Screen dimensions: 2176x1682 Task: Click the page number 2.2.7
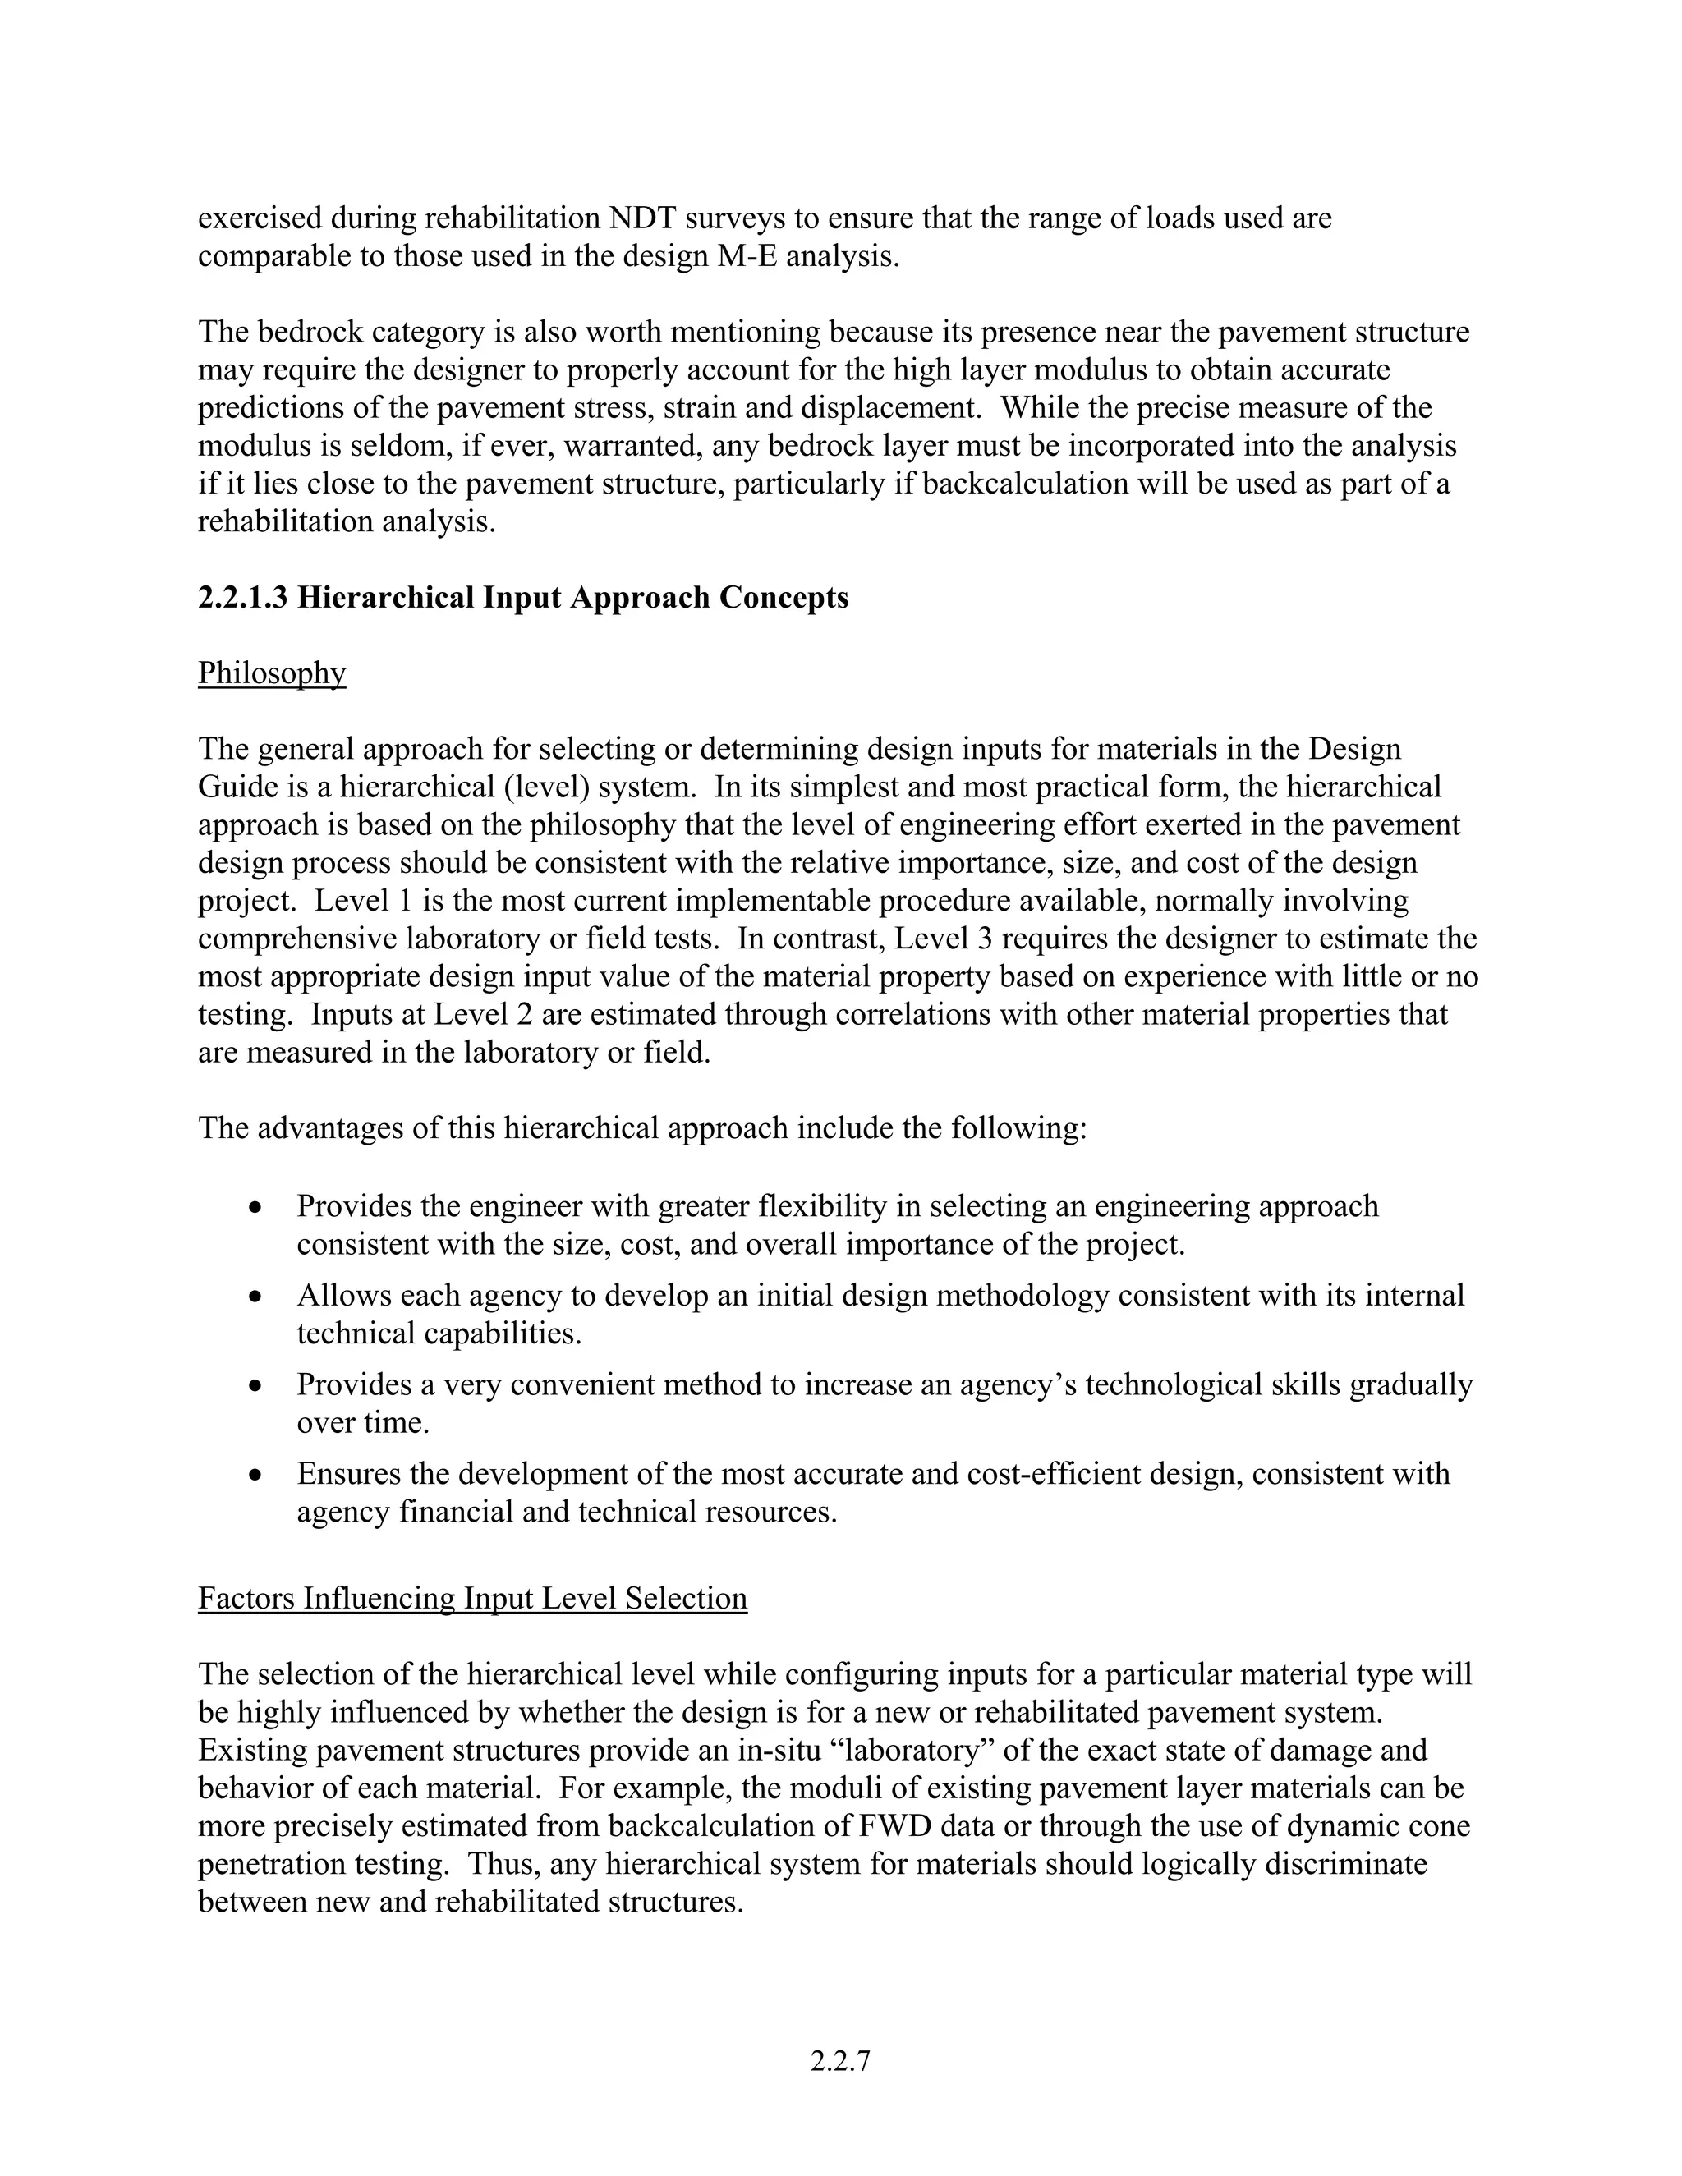click(x=840, y=2061)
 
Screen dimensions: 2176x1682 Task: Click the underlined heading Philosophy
click(x=271, y=673)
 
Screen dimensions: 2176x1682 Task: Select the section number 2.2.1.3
click(x=243, y=598)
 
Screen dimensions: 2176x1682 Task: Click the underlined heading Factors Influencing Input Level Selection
click(x=472, y=1598)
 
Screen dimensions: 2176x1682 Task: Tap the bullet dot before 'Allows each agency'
click(x=256, y=1297)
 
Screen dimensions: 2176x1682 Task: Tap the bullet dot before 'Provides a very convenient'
click(x=256, y=1386)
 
